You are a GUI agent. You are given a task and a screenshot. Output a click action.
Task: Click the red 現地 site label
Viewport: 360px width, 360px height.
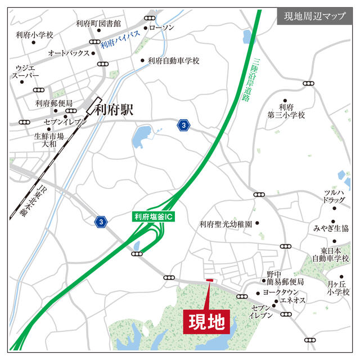click(206, 322)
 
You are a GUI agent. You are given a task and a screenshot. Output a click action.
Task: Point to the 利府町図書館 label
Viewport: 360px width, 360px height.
click(98, 24)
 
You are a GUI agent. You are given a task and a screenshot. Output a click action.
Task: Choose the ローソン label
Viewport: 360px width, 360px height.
click(163, 28)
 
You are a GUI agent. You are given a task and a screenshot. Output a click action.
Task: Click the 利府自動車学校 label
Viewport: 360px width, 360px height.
click(174, 61)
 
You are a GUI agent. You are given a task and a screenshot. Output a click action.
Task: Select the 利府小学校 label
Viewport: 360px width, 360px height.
click(34, 35)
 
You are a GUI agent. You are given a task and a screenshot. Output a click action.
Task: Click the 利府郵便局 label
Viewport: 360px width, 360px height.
click(54, 103)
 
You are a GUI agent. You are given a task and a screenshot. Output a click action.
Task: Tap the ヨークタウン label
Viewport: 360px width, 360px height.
click(281, 293)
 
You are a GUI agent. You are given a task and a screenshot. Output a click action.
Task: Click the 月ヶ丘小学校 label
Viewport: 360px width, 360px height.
click(338, 288)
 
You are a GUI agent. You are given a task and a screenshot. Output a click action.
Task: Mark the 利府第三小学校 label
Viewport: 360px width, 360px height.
click(286, 111)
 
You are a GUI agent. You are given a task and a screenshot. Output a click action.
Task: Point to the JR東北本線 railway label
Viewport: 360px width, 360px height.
click(26, 199)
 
